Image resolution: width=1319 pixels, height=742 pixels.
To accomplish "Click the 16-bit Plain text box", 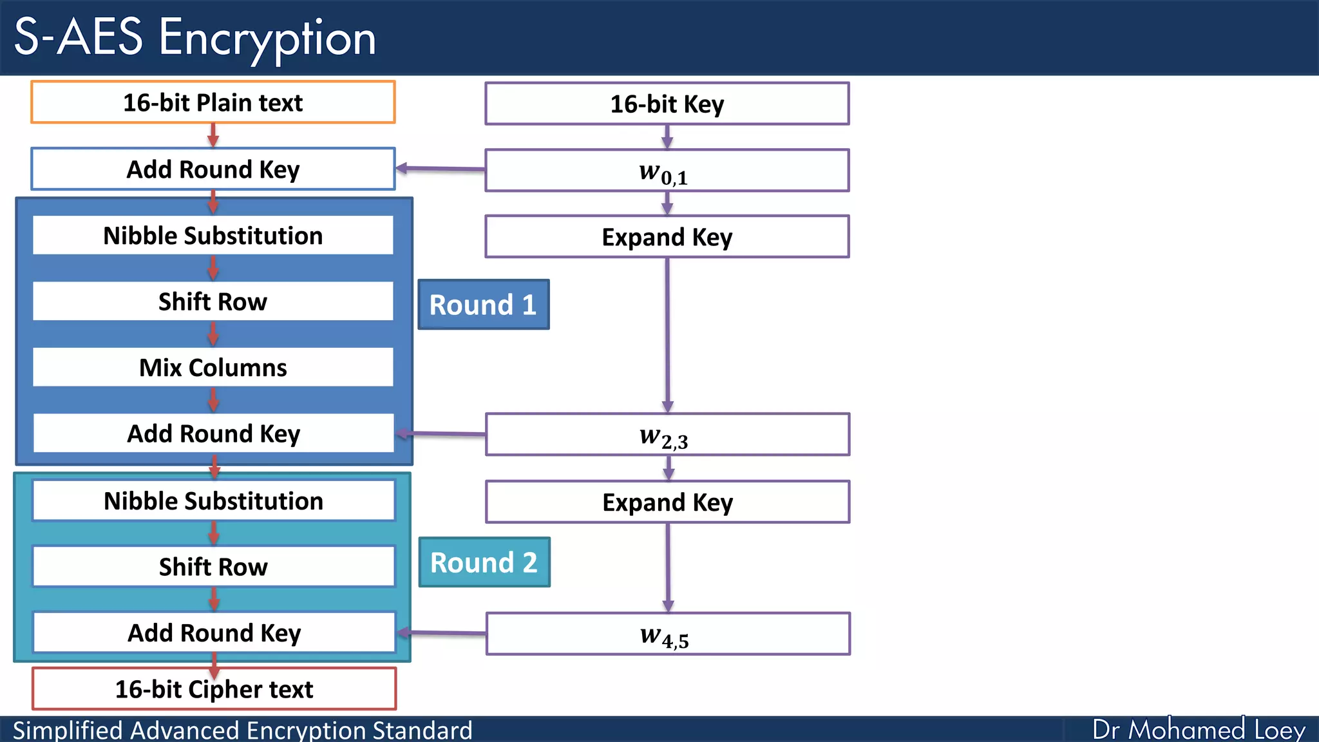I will click(x=213, y=102).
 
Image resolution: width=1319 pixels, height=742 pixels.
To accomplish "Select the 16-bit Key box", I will click(x=667, y=104).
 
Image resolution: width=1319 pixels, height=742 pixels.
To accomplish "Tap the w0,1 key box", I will click(x=667, y=171).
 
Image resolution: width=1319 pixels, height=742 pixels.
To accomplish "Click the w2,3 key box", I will click(x=667, y=435).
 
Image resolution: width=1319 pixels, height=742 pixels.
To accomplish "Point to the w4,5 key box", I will click(x=667, y=634).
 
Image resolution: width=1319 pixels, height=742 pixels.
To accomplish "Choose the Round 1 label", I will click(x=483, y=305).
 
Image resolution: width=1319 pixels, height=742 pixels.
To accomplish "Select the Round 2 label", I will click(x=484, y=562).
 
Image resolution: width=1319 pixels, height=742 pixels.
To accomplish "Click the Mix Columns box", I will click(x=213, y=367).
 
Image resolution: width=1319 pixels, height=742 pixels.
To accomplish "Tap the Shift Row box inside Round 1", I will click(x=213, y=301).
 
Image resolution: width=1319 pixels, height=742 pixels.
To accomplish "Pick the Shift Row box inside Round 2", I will click(x=213, y=567).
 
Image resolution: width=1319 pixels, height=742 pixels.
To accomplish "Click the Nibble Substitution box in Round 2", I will click(x=213, y=500).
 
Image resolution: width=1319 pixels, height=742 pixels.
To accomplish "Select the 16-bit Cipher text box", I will click(x=214, y=689).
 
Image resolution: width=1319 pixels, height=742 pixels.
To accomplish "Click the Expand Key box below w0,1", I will click(x=667, y=237).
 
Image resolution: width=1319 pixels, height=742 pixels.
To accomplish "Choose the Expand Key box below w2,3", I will click(x=667, y=502).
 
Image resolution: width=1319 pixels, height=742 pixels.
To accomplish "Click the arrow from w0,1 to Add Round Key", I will click(x=441, y=169).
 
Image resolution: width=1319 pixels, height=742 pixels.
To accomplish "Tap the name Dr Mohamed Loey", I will click(x=1198, y=730).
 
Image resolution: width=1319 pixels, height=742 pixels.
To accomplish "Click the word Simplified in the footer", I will click(x=68, y=730).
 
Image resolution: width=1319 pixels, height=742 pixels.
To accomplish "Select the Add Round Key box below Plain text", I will click(x=213, y=169).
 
